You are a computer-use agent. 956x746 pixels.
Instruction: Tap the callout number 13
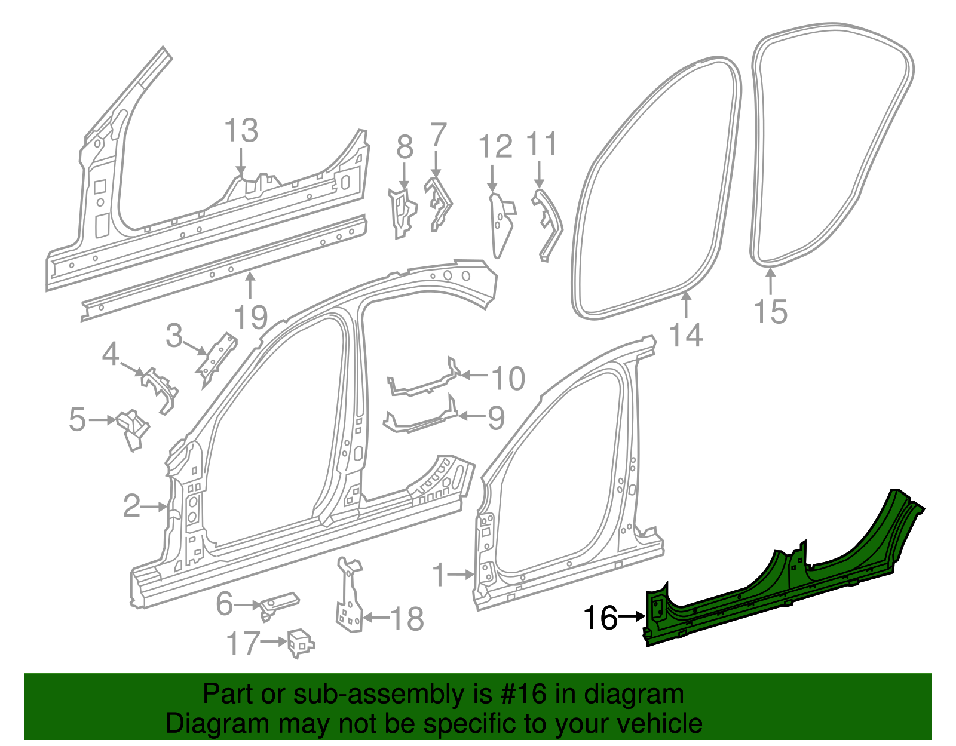[241, 131]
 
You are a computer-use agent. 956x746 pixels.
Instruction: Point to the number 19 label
[250, 317]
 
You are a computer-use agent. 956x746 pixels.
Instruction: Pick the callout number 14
[686, 335]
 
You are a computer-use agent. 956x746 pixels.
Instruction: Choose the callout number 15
[770, 311]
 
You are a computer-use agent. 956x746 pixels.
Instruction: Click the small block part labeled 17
[301, 642]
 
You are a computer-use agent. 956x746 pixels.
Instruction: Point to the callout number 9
[496, 418]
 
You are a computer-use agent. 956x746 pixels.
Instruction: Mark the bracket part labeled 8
[402, 212]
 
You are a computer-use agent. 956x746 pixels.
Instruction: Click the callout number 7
[438, 135]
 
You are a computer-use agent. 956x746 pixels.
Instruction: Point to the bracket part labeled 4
[160, 388]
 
